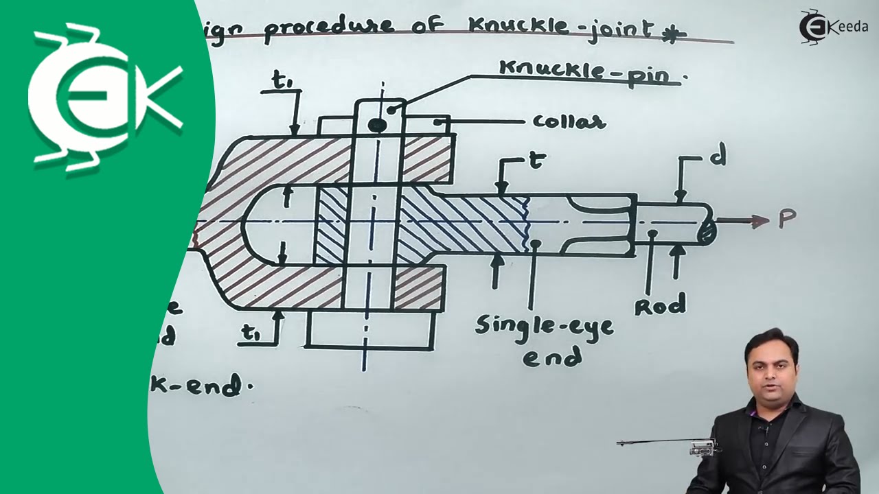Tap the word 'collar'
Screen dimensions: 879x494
tap(569, 122)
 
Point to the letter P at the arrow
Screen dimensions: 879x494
tap(786, 219)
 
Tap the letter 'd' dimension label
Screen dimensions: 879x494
tap(719, 158)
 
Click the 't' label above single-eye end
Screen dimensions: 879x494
tap(536, 161)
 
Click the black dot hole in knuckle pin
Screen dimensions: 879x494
tap(376, 125)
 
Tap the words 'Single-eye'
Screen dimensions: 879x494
tap(544, 325)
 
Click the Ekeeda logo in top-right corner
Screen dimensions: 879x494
tap(833, 26)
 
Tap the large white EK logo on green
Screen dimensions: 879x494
tap(103, 96)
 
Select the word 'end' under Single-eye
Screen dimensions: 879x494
tap(551, 357)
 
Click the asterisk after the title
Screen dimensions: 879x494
tap(674, 34)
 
